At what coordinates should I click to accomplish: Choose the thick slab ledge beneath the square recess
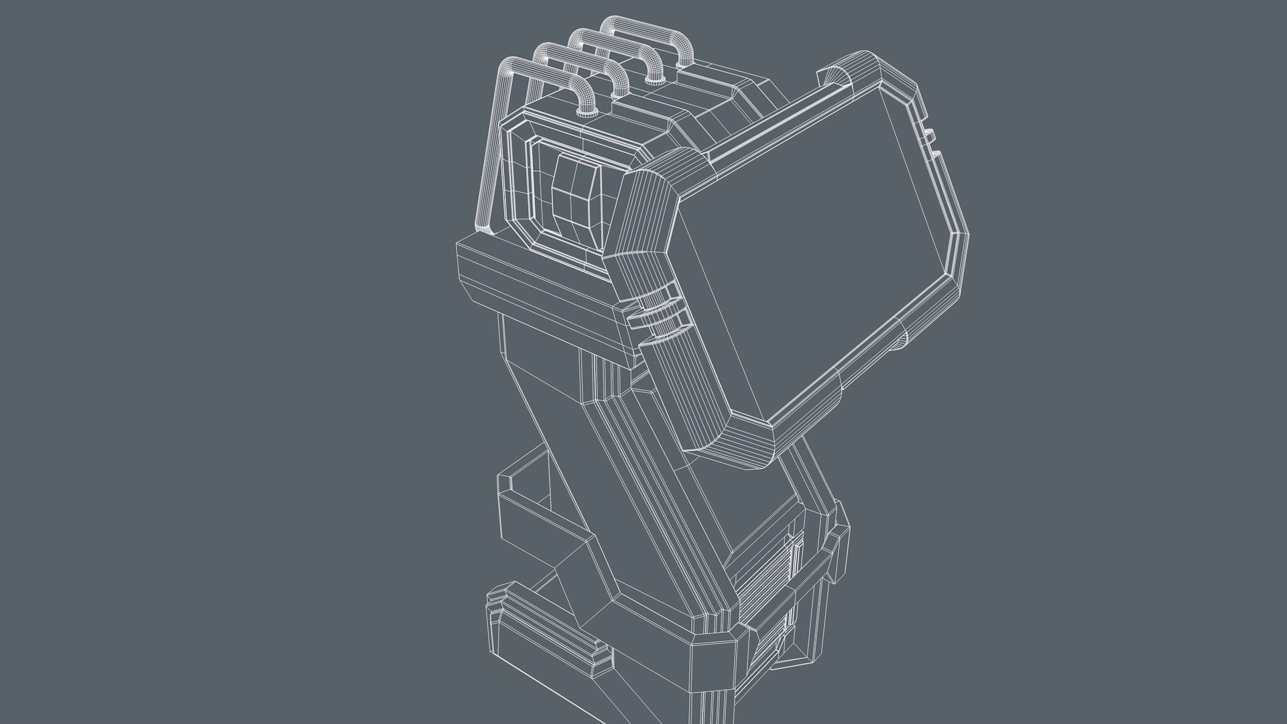[x=536, y=282]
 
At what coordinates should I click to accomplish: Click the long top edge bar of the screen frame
[x=764, y=127]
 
